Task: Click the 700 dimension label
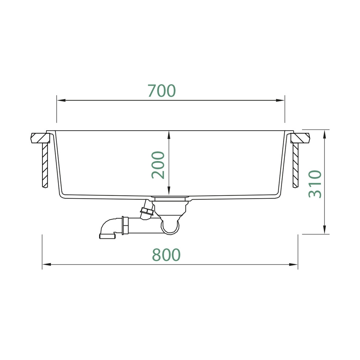point(161,91)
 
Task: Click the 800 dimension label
point(166,255)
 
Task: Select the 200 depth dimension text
point(158,165)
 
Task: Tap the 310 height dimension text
point(315,184)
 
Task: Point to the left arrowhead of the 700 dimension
point(61,100)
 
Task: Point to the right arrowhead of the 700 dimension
point(280,100)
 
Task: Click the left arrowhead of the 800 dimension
point(46,265)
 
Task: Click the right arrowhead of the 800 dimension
point(293,265)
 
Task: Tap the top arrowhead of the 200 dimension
point(169,135)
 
